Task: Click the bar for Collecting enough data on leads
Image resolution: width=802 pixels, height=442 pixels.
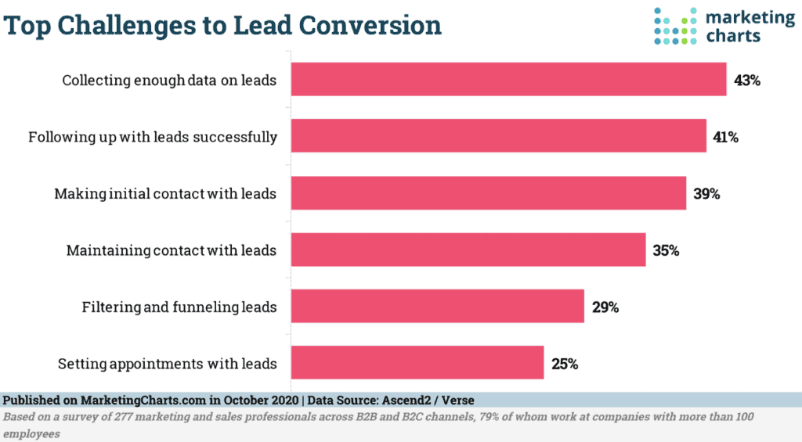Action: (x=508, y=80)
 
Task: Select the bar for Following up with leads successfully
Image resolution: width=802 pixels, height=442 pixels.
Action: (x=499, y=137)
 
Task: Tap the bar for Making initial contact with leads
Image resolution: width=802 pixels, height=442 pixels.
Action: (x=489, y=193)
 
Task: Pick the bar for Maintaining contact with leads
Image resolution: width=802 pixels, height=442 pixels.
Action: (x=468, y=250)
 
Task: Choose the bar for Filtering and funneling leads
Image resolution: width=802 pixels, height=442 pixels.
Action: (x=438, y=307)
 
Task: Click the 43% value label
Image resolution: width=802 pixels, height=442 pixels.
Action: (x=747, y=81)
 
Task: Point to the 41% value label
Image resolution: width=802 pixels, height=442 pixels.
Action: (x=726, y=138)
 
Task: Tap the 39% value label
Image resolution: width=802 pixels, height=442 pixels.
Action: (x=706, y=194)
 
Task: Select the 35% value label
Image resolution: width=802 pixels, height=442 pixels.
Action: (x=666, y=251)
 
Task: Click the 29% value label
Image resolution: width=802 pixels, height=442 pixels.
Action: (x=605, y=307)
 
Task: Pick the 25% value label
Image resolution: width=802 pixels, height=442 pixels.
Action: (x=564, y=365)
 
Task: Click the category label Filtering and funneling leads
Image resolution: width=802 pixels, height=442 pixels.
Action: (x=179, y=307)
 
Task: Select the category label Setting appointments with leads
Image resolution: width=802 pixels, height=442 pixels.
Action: (x=168, y=365)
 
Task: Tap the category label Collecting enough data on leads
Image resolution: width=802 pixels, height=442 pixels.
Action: (x=169, y=81)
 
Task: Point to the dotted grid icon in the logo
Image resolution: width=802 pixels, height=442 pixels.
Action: (x=675, y=25)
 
